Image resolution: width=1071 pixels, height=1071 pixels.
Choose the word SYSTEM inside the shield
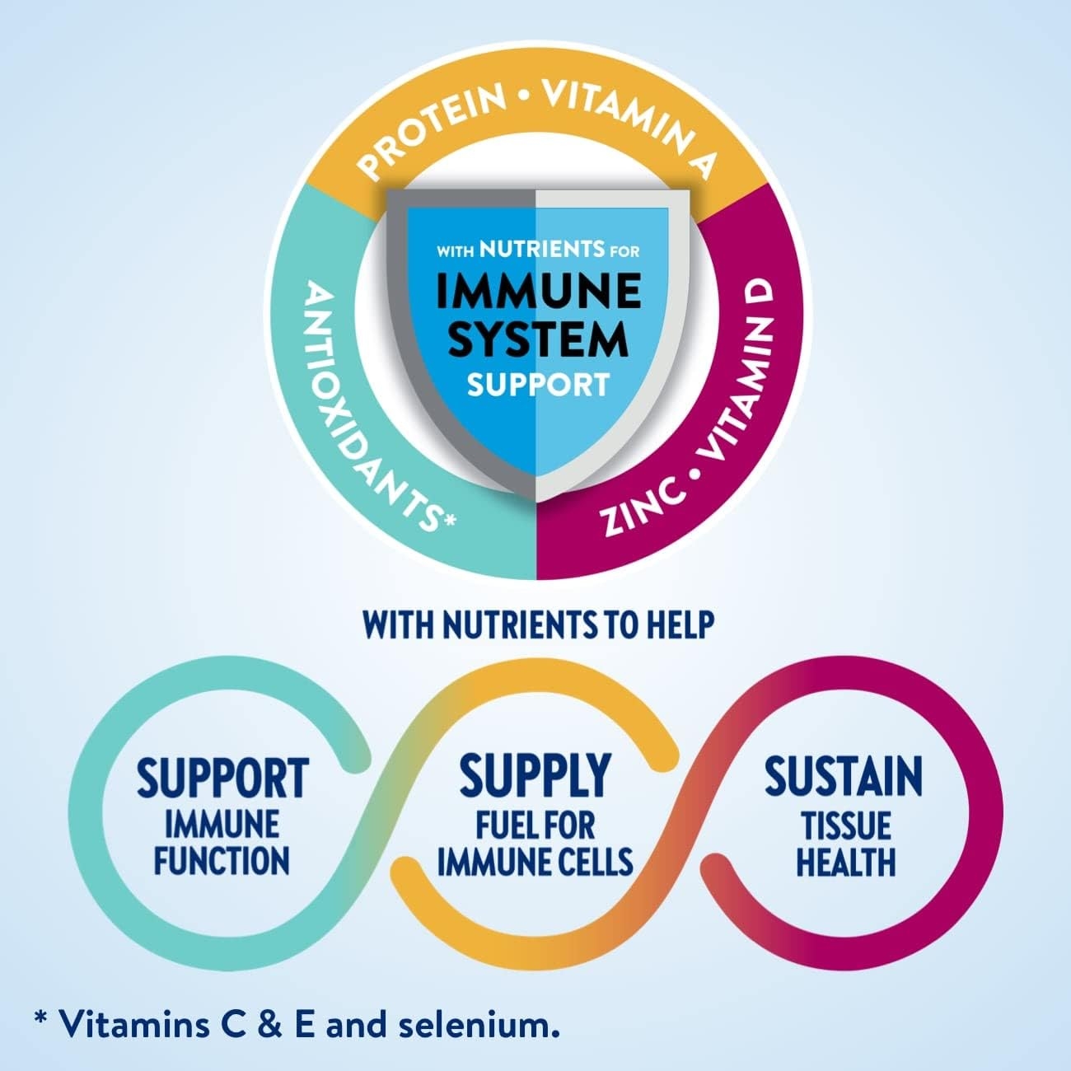coord(537,340)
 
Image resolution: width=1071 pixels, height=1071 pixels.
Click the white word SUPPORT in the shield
coord(537,384)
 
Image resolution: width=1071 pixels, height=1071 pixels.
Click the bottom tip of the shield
coord(536,499)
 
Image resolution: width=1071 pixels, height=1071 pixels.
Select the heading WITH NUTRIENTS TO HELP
coord(537,625)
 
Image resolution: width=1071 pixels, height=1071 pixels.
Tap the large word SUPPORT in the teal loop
coord(222,778)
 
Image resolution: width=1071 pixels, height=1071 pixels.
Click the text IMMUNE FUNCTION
coord(222,843)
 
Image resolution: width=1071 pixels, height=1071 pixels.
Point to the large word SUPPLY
coord(535,775)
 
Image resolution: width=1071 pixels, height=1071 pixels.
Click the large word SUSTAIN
coord(844,775)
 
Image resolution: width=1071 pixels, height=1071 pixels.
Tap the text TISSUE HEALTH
coord(845,843)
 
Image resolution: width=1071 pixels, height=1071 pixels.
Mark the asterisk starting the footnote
coord(40,1018)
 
